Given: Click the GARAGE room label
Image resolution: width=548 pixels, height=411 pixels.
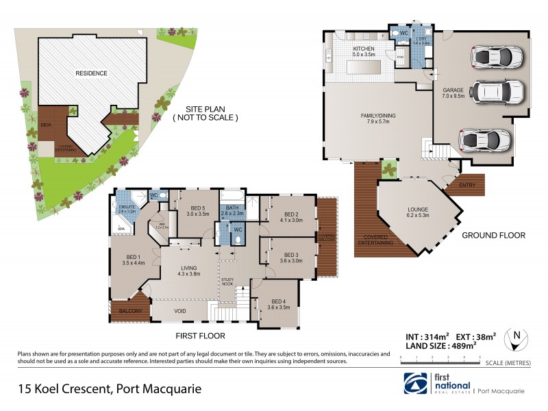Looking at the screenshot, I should click(x=453, y=90).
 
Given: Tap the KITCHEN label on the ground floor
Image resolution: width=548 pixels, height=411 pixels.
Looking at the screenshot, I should click(x=363, y=49).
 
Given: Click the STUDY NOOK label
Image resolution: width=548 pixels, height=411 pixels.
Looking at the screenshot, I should click(x=228, y=282).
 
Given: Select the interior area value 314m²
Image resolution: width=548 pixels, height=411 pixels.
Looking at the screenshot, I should click(x=429, y=336).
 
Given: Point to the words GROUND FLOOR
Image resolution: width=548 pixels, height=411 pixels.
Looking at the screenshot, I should click(x=493, y=235).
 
